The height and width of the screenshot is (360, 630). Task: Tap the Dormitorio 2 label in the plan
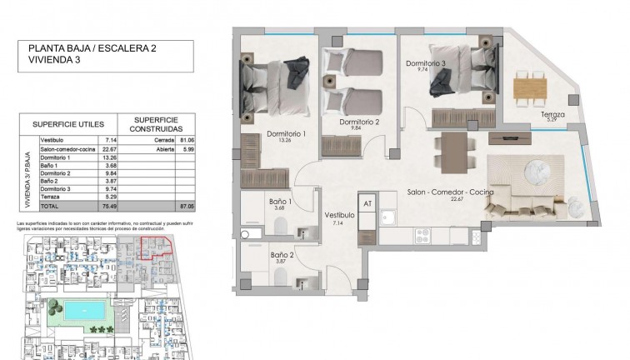pos(359,122)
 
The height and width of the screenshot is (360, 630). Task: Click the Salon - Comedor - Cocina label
pos(450,192)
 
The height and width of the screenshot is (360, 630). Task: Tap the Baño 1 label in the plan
pos(281,202)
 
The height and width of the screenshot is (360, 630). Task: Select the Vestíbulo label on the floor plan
pos(339,214)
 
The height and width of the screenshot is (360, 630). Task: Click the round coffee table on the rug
pos(532,174)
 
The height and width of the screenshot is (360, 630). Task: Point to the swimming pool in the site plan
pos(83,310)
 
